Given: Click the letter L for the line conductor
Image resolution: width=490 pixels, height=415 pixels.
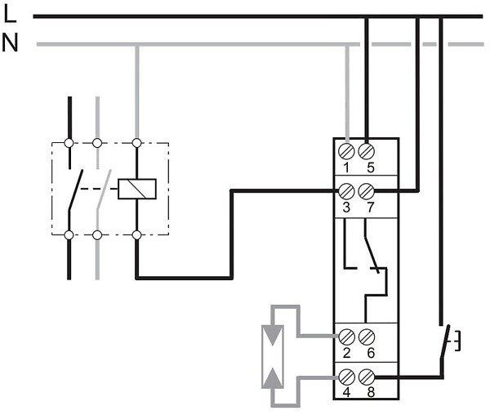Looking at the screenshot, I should click(x=11, y=14).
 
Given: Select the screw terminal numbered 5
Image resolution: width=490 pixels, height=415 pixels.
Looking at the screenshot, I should click(x=367, y=152).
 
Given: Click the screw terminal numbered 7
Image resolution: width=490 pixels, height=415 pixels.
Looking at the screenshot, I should click(x=367, y=191).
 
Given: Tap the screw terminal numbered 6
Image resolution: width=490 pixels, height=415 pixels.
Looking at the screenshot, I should click(x=367, y=337).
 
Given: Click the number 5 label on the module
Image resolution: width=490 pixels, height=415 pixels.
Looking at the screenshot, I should click(x=371, y=168).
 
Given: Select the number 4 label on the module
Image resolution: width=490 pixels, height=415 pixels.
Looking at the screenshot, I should click(x=345, y=392).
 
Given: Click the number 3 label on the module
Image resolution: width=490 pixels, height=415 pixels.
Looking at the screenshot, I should click(x=346, y=207).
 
